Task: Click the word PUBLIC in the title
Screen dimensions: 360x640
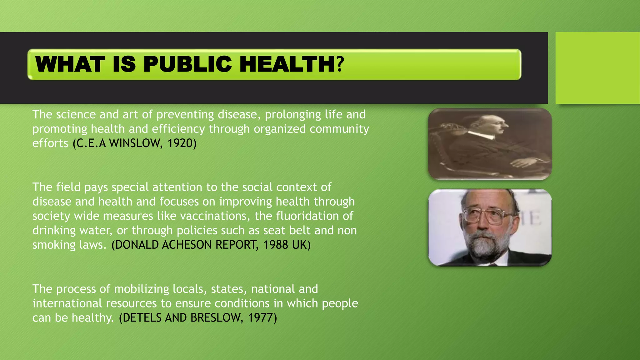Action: point(187,64)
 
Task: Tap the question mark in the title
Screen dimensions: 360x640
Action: point(340,64)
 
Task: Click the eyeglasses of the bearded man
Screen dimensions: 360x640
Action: point(487,216)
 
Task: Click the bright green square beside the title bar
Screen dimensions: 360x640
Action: point(597,67)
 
